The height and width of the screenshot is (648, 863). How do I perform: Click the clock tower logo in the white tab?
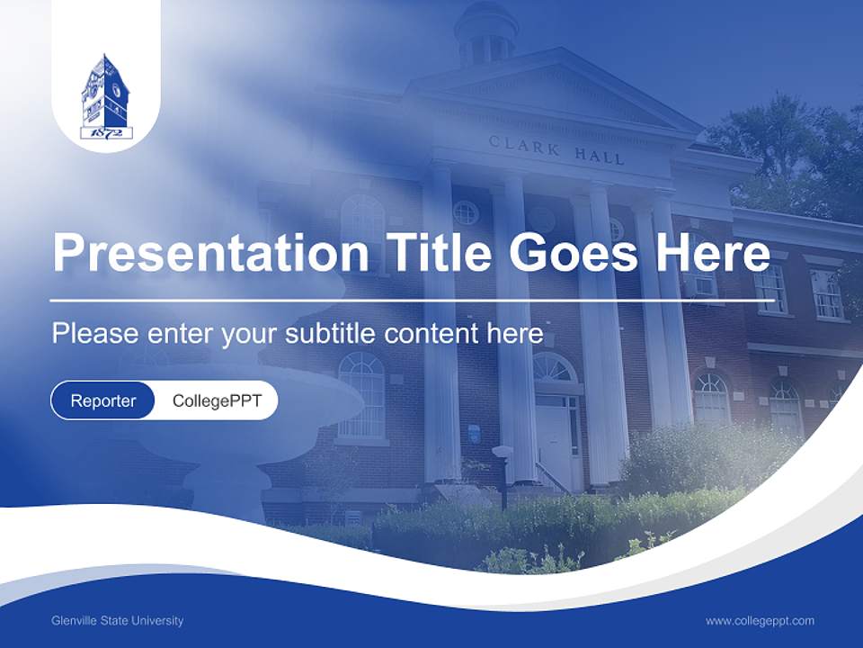tap(106, 94)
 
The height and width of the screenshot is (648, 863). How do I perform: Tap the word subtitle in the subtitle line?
tap(332, 333)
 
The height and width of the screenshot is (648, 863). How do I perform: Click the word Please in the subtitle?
tap(93, 333)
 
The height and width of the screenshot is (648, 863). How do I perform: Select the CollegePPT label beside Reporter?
tap(217, 400)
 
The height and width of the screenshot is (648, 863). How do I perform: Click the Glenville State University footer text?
tap(118, 620)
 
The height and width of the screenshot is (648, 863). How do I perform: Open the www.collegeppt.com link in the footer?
tap(760, 620)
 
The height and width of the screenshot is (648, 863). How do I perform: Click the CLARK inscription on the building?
tap(524, 146)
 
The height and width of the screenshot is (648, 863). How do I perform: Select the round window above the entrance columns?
tap(466, 212)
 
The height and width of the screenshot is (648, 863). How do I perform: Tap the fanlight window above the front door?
tap(554, 368)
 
